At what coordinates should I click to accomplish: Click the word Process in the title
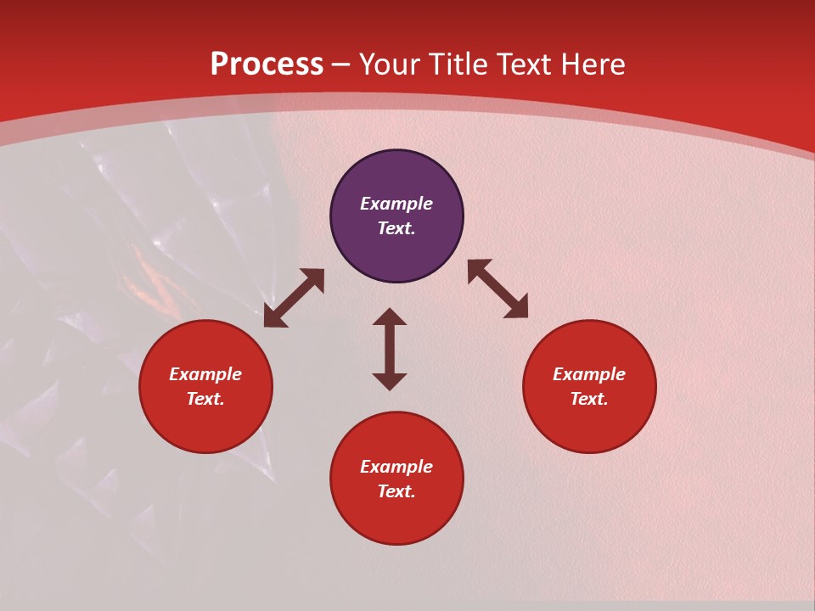tap(267, 64)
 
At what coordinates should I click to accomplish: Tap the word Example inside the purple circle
tap(396, 204)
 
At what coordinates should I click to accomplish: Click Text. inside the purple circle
tap(396, 228)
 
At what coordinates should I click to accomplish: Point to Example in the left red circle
tap(205, 374)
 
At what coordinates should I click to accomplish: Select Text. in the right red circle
tap(589, 399)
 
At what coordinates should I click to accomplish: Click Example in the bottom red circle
tap(396, 467)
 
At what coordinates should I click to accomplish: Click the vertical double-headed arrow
tap(390, 349)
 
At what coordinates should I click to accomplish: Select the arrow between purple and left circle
tap(294, 298)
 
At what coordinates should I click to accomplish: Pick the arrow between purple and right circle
tap(497, 289)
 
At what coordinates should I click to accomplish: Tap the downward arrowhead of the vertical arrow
tap(390, 381)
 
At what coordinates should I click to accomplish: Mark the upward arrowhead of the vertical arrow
tap(390, 317)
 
